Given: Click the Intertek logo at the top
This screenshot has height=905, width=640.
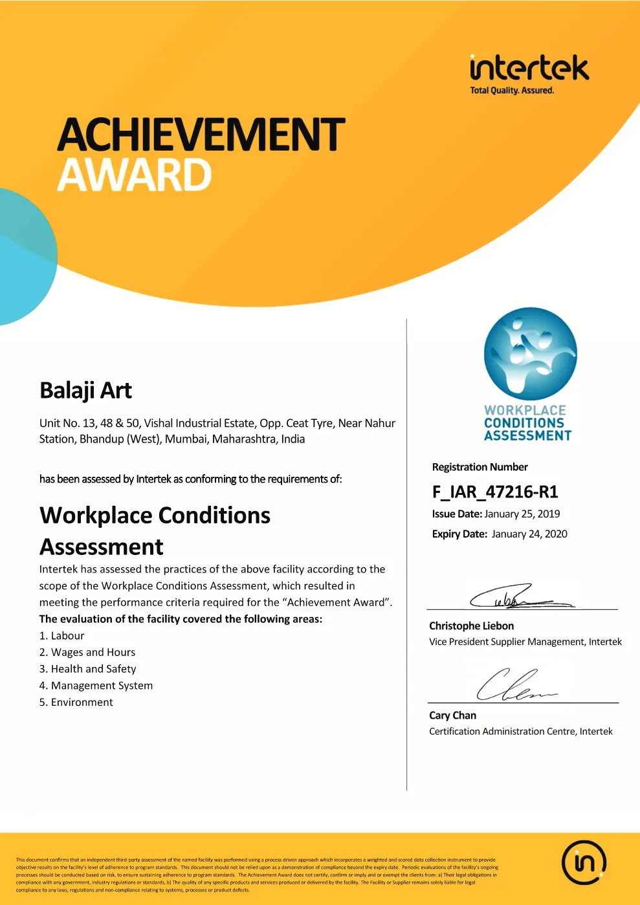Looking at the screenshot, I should click(x=529, y=68).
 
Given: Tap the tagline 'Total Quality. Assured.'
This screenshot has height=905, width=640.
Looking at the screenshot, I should click(x=512, y=91).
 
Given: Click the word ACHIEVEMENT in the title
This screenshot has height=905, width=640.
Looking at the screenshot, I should click(x=201, y=135).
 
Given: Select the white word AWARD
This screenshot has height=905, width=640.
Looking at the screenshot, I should click(x=135, y=175).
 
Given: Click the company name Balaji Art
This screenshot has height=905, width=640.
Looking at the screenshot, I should click(x=85, y=391).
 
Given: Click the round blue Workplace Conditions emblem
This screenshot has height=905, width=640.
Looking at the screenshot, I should click(x=531, y=353).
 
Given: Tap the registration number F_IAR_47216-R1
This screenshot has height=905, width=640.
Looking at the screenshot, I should click(x=495, y=492).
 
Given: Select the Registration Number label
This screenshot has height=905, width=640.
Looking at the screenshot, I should click(x=480, y=467).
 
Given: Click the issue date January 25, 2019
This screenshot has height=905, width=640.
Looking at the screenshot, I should click(x=522, y=514).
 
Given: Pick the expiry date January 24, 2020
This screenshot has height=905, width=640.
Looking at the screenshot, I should click(x=529, y=534).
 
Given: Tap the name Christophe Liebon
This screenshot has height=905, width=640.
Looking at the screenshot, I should click(x=471, y=626).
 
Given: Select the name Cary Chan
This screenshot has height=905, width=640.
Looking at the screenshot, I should click(x=452, y=715).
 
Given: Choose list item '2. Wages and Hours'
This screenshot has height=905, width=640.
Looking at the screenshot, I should click(x=87, y=652).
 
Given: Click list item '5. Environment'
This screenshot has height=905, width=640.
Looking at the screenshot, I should click(x=76, y=703).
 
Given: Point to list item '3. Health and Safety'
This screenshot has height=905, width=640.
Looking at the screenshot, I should click(x=87, y=669).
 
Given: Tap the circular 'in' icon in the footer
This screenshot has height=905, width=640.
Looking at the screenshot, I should click(x=584, y=862).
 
